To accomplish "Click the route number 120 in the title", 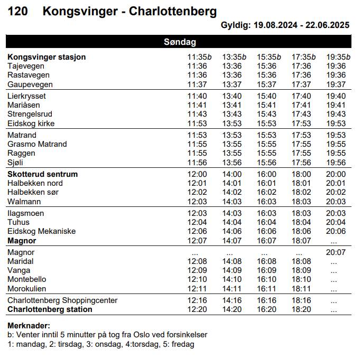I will coord(18,12).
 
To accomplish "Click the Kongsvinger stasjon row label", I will coord(47,57).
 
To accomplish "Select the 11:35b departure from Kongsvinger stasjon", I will coord(199,57).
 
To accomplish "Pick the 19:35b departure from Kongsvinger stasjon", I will coord(338,57).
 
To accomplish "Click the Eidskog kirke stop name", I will coord(31,124).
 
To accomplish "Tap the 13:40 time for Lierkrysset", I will coord(232,96).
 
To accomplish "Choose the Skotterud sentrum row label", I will coord(43,174).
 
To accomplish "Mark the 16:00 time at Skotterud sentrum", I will coord(267,174).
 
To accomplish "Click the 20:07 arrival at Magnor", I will coord(336,252).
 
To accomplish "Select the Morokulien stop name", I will coord(27,289).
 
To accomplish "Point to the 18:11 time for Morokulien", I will coord(301,289).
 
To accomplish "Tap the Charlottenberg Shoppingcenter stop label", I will coord(62,300).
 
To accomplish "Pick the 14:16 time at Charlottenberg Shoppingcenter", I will coord(232,300).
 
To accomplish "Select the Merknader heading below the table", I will coord(29,325).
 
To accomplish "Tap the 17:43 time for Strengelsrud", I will coord(301,114).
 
